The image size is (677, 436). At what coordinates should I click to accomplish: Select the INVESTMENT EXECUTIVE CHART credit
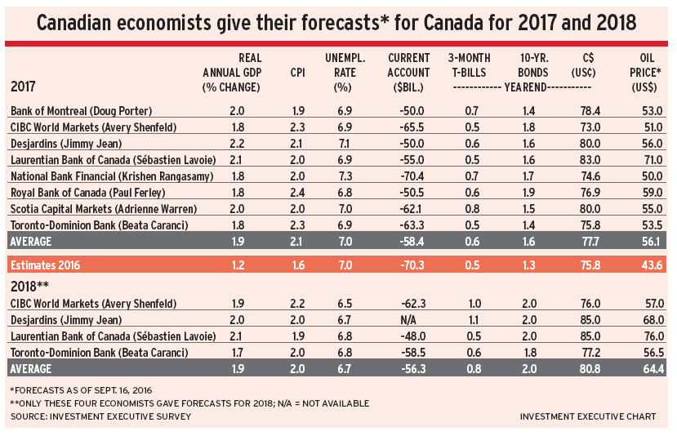(x=587, y=416)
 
